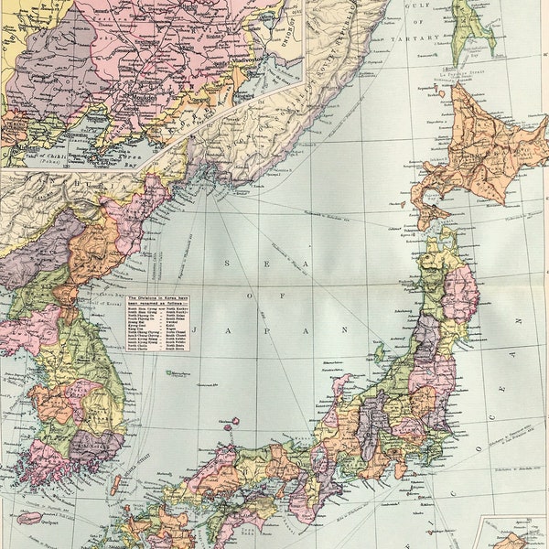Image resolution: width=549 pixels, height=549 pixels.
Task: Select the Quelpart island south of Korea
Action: coord(27,518)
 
